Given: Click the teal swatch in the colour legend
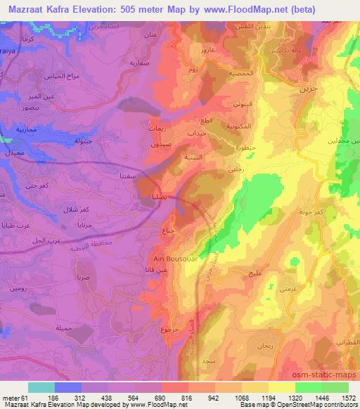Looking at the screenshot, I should pyautogui.click(x=41, y=387).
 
